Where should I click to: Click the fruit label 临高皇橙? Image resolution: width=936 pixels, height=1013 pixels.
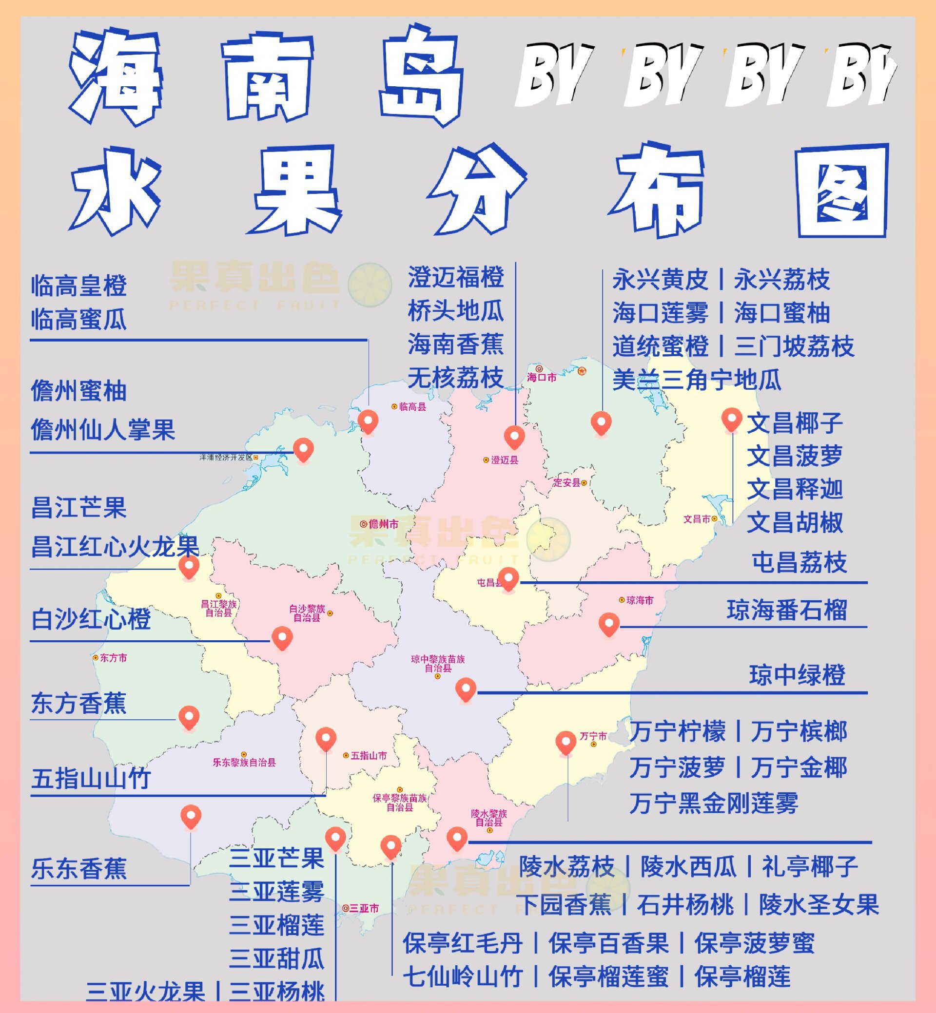pos(78,286)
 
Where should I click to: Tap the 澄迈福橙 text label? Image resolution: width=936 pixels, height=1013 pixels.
pos(456,277)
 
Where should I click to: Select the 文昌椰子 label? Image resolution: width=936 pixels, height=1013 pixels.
pos(795,423)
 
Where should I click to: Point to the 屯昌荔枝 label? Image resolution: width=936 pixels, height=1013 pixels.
pos(799,562)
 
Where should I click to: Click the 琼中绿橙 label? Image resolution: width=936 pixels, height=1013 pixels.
pos(797,675)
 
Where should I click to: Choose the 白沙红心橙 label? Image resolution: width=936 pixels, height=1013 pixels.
pos(91,619)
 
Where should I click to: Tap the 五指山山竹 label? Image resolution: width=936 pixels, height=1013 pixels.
pos(91,779)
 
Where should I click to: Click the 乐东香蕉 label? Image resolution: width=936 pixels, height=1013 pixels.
pos(78,869)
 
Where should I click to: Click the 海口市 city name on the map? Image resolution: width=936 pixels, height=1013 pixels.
pos(542,378)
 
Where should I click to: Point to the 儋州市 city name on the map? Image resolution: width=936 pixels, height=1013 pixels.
pos(383,524)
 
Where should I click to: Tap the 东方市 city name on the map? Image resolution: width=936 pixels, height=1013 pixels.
pos(113,658)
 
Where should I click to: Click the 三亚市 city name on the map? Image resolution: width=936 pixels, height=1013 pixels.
pos(364,909)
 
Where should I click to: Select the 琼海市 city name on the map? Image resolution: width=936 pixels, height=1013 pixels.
pos(640,600)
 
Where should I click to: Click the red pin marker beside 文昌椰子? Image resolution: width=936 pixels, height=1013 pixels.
pos(731,420)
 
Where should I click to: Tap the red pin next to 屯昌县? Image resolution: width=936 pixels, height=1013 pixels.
pos(508,578)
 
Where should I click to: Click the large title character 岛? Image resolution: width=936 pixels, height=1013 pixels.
pos(421,76)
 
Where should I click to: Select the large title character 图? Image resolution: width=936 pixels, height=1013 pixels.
pos(842,191)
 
